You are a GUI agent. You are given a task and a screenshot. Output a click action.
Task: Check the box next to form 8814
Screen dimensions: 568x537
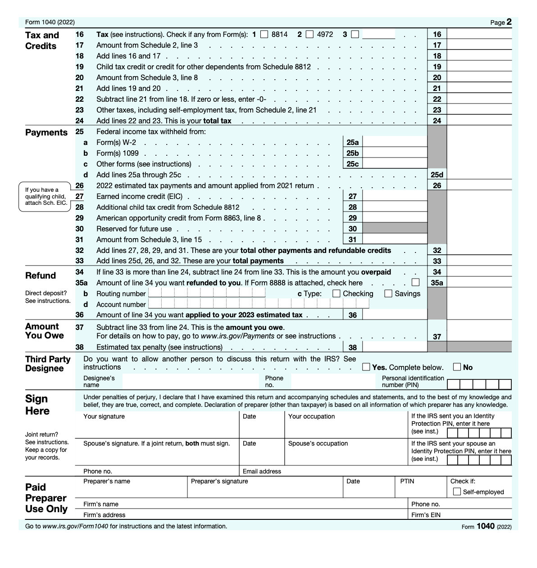click(264, 34)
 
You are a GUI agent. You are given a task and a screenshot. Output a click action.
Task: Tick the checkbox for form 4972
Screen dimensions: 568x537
click(309, 34)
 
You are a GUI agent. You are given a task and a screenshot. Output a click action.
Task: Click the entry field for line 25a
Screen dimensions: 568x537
click(394, 143)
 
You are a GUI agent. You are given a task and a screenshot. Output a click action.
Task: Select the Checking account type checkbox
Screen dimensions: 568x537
click(336, 293)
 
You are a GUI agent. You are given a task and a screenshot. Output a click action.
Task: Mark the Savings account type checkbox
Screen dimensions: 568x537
click(388, 293)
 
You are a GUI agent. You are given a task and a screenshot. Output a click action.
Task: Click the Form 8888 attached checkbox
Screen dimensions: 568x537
click(415, 283)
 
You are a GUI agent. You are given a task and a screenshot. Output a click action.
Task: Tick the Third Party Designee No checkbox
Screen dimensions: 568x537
click(457, 367)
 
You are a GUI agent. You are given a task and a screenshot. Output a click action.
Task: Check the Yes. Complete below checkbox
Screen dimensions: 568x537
click(366, 367)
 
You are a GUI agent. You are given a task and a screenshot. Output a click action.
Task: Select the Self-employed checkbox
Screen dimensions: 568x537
click(457, 491)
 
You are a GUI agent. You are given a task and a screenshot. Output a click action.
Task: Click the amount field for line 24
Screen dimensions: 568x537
click(479, 121)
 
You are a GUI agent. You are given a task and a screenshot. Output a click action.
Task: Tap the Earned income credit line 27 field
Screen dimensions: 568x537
click(394, 197)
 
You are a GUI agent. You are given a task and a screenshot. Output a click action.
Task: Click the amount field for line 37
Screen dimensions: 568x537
click(479, 336)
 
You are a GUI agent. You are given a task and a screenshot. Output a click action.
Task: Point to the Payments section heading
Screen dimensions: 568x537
click(46, 132)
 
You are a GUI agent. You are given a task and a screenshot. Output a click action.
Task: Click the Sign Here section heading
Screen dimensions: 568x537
click(37, 405)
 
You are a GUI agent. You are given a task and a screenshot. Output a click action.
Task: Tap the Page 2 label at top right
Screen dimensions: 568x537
click(501, 22)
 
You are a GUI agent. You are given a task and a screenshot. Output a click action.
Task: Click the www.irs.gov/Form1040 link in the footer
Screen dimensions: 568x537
click(75, 526)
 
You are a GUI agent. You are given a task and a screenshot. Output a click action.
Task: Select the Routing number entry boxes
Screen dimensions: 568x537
click(207, 293)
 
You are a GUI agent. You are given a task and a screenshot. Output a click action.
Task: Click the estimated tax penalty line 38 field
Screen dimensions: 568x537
click(394, 347)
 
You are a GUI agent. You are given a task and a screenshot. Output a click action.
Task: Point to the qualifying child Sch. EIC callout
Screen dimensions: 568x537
click(45, 196)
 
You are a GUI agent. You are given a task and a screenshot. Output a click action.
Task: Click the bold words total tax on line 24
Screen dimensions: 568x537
click(217, 121)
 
